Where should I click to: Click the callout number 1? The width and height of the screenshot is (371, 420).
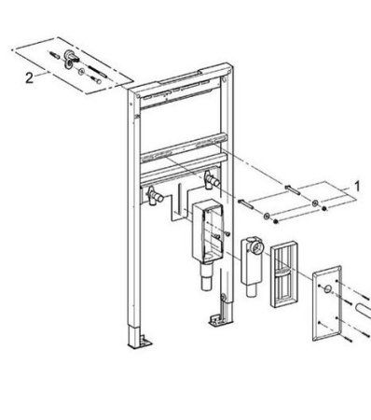pyautogui.click(x=357, y=187)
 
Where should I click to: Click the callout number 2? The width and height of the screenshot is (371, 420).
pyautogui.click(x=29, y=77)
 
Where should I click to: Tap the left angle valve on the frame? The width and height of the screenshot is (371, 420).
pyautogui.click(x=155, y=196)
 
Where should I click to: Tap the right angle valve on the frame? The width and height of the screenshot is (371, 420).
pyautogui.click(x=212, y=180)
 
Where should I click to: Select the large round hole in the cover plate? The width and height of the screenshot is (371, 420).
pyautogui.click(x=327, y=289)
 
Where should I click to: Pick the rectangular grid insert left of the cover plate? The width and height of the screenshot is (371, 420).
pyautogui.click(x=284, y=273)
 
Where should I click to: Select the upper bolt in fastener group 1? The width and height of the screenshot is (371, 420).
pyautogui.click(x=293, y=189)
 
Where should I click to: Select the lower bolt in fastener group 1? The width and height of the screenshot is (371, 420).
pyautogui.click(x=246, y=204)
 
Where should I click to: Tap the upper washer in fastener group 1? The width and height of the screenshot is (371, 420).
pyautogui.click(x=316, y=203)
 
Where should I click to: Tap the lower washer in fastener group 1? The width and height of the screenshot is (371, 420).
pyautogui.click(x=267, y=216)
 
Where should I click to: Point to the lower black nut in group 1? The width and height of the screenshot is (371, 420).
pyautogui.click(x=275, y=221)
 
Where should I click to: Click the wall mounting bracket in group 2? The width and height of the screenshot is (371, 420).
pyautogui.click(x=69, y=59)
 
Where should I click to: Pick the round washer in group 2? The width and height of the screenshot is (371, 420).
pyautogui.click(x=81, y=72)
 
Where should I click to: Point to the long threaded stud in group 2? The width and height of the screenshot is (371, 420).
pyautogui.click(x=98, y=71)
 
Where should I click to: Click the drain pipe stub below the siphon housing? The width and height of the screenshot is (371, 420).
pyautogui.click(x=206, y=277)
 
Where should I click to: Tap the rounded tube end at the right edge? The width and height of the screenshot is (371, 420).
pyautogui.click(x=364, y=311)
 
